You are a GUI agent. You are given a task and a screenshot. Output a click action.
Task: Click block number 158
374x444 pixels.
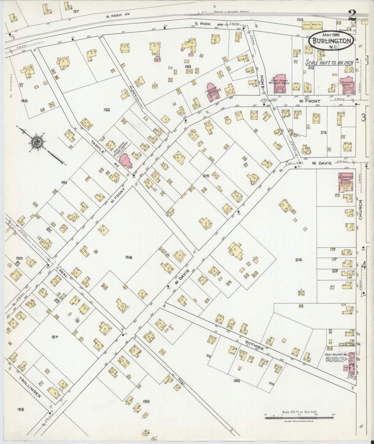tap(129, 257)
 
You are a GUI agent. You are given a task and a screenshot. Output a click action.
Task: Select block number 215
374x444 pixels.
tap(206, 176)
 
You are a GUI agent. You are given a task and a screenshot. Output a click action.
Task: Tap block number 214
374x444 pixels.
tap(298, 260)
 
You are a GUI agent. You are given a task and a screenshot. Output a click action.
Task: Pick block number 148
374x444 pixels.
tap(25, 101)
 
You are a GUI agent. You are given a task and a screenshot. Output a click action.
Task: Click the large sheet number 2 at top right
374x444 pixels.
tap(351, 15)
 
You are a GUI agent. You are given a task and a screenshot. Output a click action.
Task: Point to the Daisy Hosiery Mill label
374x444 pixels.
tap(335, 354)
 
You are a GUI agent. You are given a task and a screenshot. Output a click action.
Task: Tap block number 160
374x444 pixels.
tap(237, 381)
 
